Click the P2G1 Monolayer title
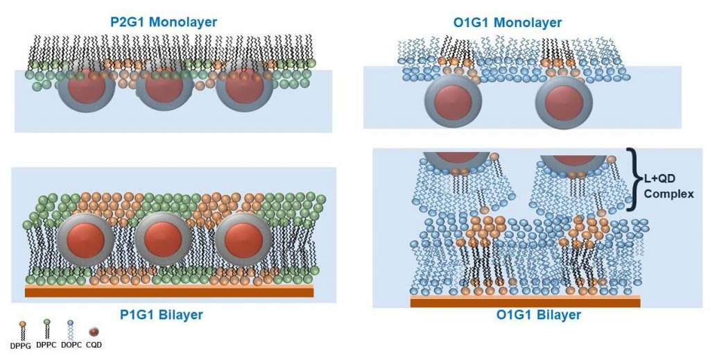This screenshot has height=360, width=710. pyautogui.click(x=164, y=22)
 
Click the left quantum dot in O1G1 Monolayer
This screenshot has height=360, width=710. pyautogui.click(x=453, y=103)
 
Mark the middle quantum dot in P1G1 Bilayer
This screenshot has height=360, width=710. pyautogui.click(x=164, y=239)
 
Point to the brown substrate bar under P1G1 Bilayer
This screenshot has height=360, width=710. pyautogui.click(x=169, y=292)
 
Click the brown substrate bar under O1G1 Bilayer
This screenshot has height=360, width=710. pyautogui.click(x=525, y=302)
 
